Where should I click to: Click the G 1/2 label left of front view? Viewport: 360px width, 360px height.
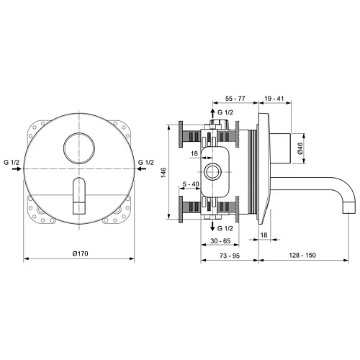tap(13, 163)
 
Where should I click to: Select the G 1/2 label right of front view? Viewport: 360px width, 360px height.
tap(147, 163)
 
